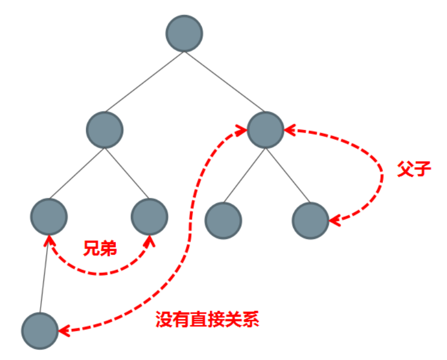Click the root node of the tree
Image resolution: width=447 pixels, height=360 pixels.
click(x=184, y=33)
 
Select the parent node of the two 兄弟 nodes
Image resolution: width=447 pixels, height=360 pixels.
click(x=104, y=130)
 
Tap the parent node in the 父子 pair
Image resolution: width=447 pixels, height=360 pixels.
click(x=266, y=130)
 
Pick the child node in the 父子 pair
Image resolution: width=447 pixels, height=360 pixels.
click(x=310, y=221)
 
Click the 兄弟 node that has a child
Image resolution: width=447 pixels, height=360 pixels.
click(x=49, y=216)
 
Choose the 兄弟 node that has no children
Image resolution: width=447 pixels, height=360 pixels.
click(x=149, y=216)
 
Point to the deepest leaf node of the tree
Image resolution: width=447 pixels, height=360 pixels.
click(x=41, y=331)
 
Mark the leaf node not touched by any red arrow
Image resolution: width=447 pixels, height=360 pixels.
click(x=223, y=221)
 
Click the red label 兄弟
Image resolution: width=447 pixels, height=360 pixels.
click(x=100, y=248)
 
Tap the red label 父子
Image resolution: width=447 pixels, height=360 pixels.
click(x=414, y=169)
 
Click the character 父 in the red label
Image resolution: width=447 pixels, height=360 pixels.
click(x=405, y=169)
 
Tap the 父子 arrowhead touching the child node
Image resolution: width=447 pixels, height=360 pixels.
click(x=334, y=221)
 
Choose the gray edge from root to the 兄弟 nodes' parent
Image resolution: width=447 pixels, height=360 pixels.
click(x=144, y=82)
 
